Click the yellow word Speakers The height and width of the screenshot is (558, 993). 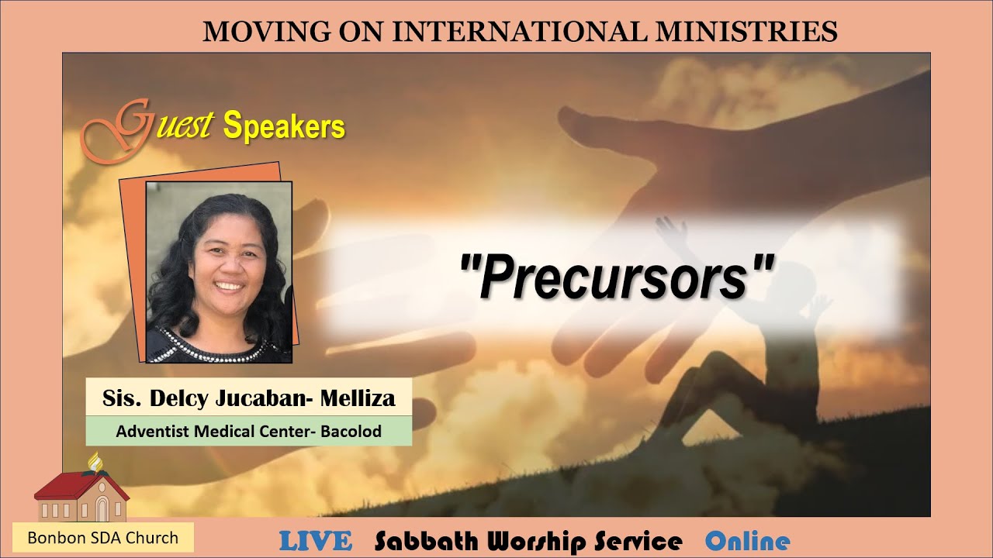tap(284, 126)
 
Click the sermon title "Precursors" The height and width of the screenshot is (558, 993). tap(617, 275)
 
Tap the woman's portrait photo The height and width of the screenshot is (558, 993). tap(219, 272)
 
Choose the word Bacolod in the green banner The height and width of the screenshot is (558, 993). tap(350, 432)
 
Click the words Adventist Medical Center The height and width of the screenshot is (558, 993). tap(212, 432)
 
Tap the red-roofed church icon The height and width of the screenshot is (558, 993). tap(81, 496)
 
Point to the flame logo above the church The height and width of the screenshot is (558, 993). tap(96, 462)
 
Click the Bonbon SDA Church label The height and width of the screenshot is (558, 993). tap(102, 537)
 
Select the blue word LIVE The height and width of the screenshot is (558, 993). tap(315, 541)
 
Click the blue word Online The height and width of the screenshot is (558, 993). tap(747, 541)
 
